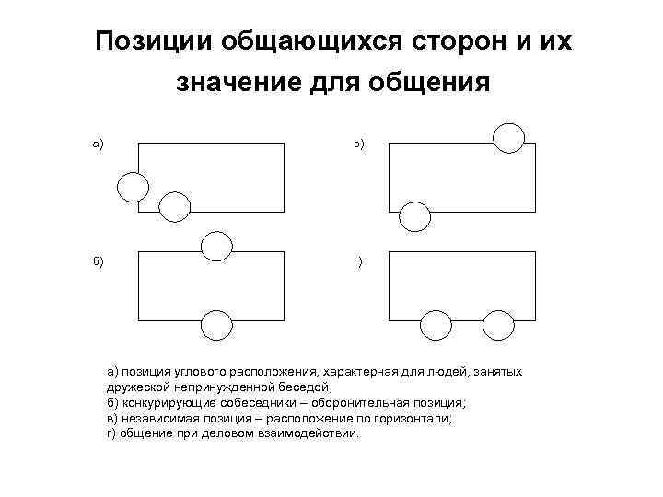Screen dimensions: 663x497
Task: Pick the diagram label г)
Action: [357, 261]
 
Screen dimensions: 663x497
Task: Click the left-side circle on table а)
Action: [132, 187]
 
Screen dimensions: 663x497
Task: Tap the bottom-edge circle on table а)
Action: [174, 208]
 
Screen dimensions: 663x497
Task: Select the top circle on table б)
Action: [216, 245]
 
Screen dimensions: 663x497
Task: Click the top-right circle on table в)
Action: [508, 137]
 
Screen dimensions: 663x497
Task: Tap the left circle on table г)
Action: [436, 326]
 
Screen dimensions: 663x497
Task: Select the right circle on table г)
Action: [498, 326]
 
